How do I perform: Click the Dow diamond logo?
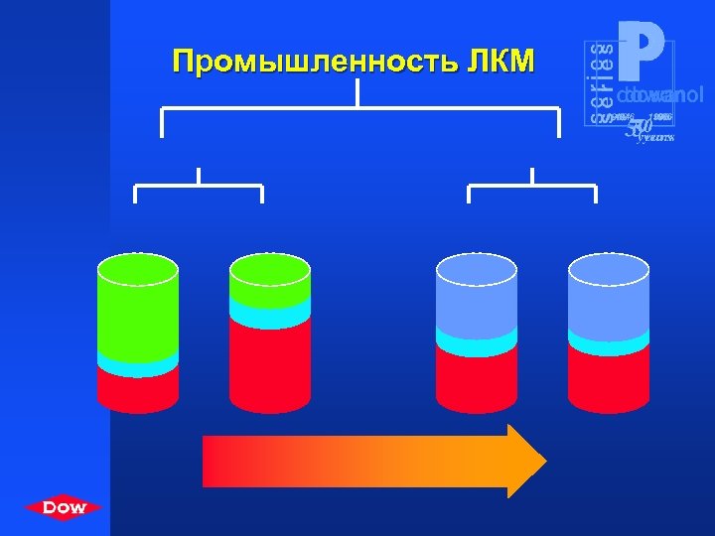(65, 508)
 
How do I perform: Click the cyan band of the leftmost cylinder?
(137, 364)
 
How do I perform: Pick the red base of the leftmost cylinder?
(137, 390)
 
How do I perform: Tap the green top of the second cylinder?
(269, 283)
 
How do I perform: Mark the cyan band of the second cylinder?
(269, 316)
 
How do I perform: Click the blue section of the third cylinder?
(477, 298)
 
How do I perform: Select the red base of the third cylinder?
(477, 377)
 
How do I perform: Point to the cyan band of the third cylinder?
(477, 341)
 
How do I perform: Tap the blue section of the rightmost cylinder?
(609, 298)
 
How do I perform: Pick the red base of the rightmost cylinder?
(609, 377)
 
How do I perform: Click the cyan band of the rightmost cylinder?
(609, 341)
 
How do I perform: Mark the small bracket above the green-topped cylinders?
(199, 185)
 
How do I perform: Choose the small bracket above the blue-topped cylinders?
(532, 185)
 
